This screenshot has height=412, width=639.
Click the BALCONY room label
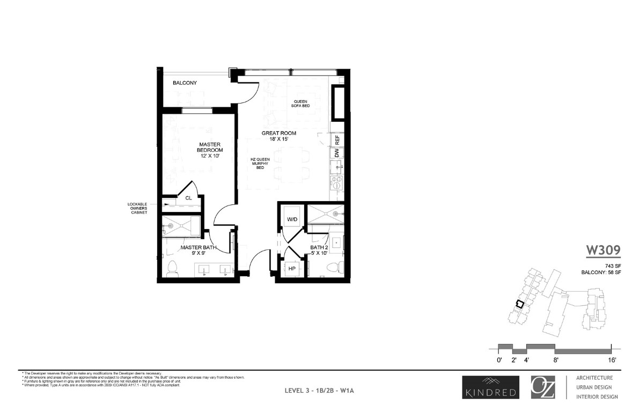(185, 83)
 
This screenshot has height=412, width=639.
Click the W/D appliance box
(292, 220)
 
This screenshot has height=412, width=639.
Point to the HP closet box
(292, 268)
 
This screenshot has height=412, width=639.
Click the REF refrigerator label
(337, 141)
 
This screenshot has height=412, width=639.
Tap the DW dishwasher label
(337, 153)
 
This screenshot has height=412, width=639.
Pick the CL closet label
(188, 198)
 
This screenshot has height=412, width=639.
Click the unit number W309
(603, 250)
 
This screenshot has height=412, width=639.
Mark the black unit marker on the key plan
(519, 304)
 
